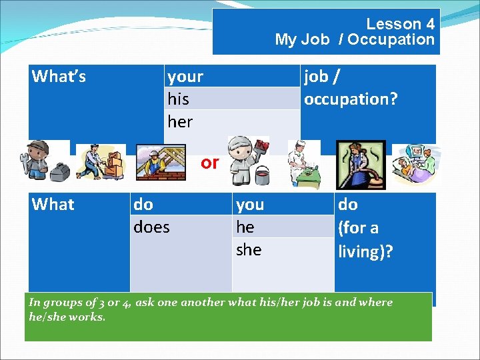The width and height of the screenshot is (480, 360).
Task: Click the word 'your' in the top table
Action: (x=185, y=77)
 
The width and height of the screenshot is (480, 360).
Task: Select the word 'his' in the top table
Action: (x=178, y=99)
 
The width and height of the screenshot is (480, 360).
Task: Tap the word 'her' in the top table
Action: (x=180, y=122)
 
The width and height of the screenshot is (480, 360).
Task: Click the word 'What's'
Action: (x=59, y=77)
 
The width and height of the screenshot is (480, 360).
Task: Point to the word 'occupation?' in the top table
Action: (x=351, y=99)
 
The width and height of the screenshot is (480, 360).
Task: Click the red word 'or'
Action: (x=209, y=163)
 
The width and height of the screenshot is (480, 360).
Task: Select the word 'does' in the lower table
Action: (x=151, y=227)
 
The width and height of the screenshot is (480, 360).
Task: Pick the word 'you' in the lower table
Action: (x=250, y=205)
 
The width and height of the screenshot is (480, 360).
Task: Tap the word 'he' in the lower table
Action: (x=245, y=227)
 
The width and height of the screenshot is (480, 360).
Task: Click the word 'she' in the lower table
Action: (x=249, y=250)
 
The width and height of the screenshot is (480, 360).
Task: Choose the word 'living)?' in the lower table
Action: (x=365, y=251)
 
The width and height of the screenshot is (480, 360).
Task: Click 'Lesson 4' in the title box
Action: (x=400, y=24)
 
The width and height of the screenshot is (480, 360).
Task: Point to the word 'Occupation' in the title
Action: (x=390, y=39)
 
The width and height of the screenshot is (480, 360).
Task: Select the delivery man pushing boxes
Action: (x=100, y=162)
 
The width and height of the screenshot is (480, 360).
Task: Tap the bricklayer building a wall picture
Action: (x=160, y=162)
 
